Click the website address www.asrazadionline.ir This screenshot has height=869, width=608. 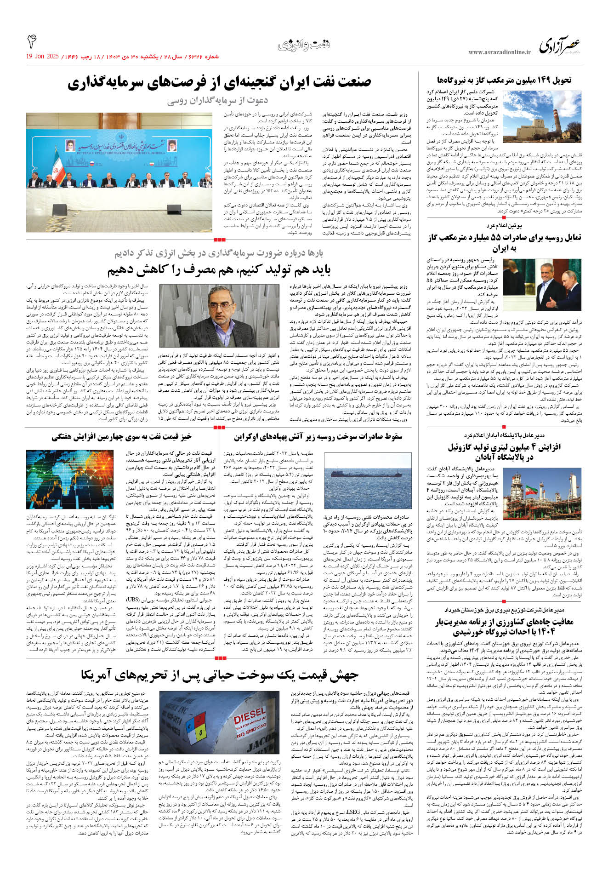click(x=499, y=52)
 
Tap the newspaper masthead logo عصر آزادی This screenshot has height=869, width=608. click(x=559, y=46)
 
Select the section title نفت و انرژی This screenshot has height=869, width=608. click(x=304, y=45)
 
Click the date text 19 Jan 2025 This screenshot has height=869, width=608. click(x=42, y=57)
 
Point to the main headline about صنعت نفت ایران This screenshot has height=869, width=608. click(x=219, y=83)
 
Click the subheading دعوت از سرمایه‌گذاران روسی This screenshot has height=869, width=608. click(x=217, y=101)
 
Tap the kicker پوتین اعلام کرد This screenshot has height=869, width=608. click(x=504, y=226)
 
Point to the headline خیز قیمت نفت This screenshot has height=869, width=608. click(x=121, y=437)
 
